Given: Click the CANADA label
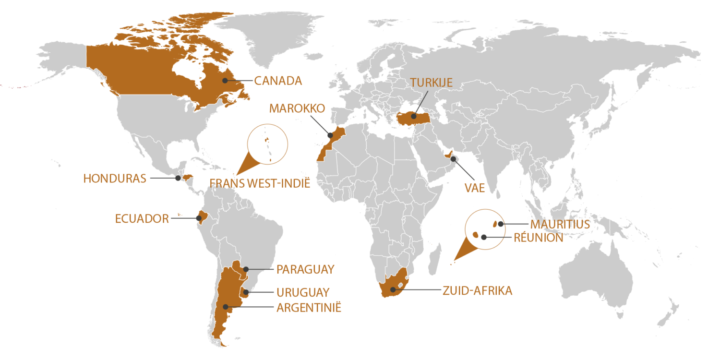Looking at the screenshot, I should tap(278, 81).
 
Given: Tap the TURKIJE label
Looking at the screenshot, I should tap(431, 83).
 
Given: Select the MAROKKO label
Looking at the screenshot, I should tap(297, 108).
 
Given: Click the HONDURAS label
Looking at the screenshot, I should tap(115, 179).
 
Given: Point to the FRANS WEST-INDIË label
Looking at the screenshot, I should tap(260, 183).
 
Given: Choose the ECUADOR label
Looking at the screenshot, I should tap(142, 219).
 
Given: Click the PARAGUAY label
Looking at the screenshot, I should tap(305, 269).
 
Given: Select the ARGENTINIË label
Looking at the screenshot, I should tap(309, 308).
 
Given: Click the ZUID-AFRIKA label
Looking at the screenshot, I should tap(477, 290).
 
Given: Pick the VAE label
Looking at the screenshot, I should tap(474, 188).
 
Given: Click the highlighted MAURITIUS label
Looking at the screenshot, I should tap(560, 224).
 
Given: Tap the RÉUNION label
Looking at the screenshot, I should tap(538, 237).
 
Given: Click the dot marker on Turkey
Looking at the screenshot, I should tap(413, 116).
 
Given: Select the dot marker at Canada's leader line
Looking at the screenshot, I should tap(225, 81).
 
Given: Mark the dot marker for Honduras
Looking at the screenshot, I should tap(178, 178).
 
